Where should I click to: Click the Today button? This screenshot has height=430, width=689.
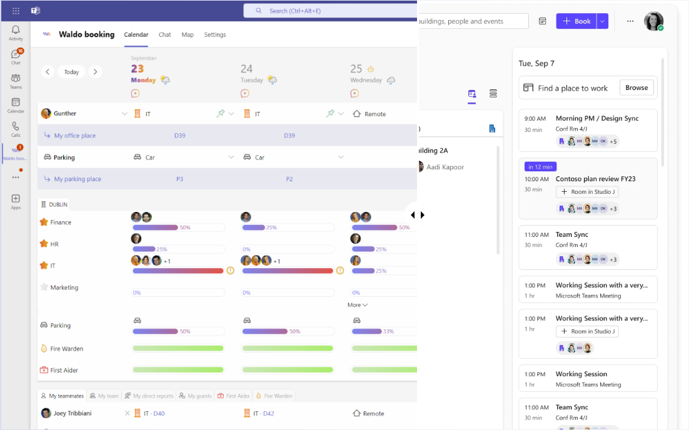pyautogui.click(x=71, y=72)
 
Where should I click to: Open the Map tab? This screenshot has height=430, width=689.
pyautogui.click(x=188, y=35)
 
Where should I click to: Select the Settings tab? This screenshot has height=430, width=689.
pyautogui.click(x=215, y=35)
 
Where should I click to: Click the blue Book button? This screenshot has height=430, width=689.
pyautogui.click(x=576, y=21)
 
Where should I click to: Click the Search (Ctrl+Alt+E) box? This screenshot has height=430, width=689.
pyautogui.click(x=329, y=11)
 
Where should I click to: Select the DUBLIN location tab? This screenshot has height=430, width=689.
pyautogui.click(x=54, y=204)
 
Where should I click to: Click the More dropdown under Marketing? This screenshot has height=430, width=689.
pyautogui.click(x=357, y=305)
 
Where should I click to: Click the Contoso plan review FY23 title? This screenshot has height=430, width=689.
pyautogui.click(x=595, y=179)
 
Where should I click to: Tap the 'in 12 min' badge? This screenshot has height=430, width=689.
pyautogui.click(x=540, y=167)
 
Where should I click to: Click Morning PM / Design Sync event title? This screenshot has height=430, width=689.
pyautogui.click(x=597, y=118)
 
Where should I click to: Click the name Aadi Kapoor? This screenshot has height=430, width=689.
pyautogui.click(x=445, y=167)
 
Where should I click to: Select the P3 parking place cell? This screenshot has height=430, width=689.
pyautogui.click(x=179, y=179)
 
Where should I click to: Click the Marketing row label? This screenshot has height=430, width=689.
pyautogui.click(x=64, y=287)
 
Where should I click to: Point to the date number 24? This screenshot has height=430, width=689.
pyautogui.click(x=246, y=69)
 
